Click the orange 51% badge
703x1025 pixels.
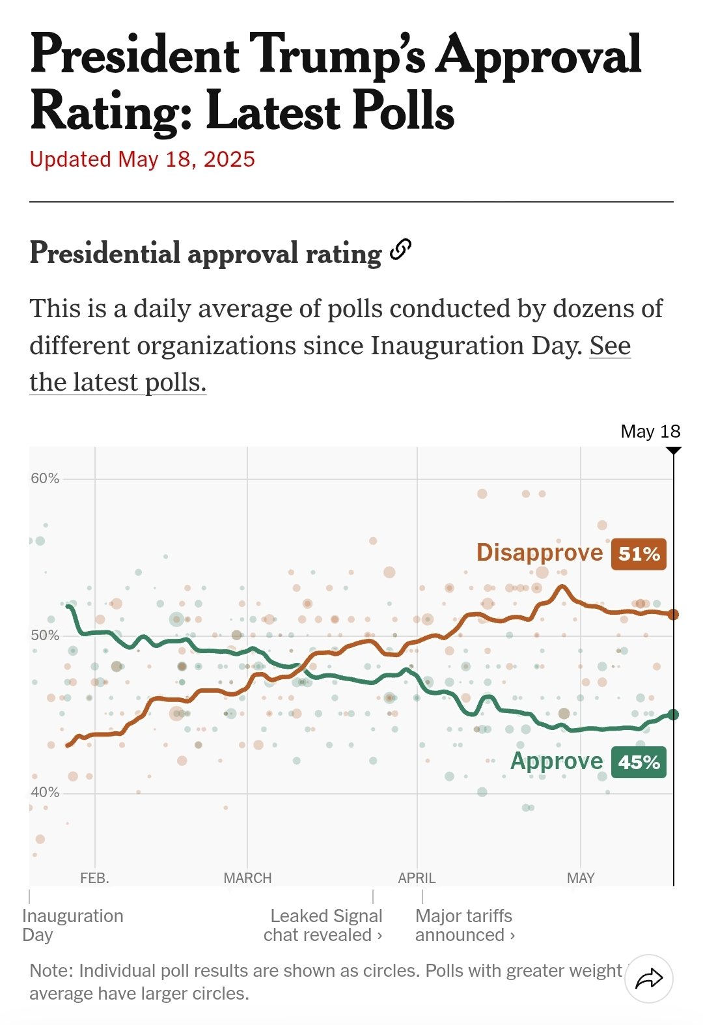[x=639, y=554]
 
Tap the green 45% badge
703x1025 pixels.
[x=639, y=762]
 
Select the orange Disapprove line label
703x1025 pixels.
[x=540, y=552]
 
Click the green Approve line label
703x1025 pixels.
[x=557, y=761]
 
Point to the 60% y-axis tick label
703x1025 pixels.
[x=45, y=479]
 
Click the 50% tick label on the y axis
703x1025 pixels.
[x=45, y=636]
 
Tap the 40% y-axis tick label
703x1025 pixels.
[x=45, y=793]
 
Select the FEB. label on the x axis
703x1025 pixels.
[x=94, y=878]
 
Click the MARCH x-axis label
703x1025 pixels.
[x=247, y=878]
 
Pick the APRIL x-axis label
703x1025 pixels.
[x=417, y=878]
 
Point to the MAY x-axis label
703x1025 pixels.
[x=581, y=878]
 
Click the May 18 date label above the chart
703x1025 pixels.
[x=650, y=432]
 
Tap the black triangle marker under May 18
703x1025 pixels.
[x=674, y=450]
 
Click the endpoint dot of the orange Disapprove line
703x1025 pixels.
[x=673, y=615]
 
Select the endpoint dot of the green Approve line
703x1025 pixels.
[x=673, y=714]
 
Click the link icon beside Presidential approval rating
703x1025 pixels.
[x=401, y=249]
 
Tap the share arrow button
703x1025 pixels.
[x=649, y=979]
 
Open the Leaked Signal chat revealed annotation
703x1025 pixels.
[x=323, y=925]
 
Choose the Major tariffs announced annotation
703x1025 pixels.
[x=465, y=925]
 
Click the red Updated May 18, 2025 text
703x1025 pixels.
[x=143, y=160]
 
